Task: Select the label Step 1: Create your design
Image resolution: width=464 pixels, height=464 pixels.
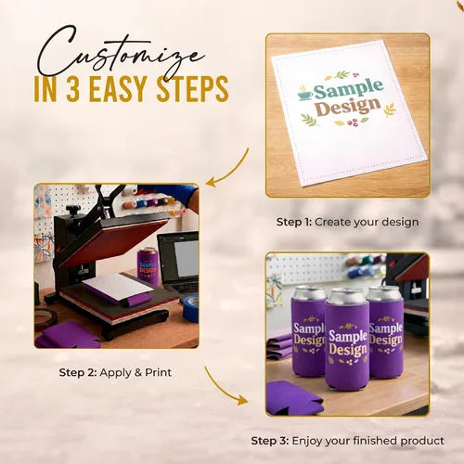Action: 347,222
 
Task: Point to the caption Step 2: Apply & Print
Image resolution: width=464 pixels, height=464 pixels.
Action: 115,372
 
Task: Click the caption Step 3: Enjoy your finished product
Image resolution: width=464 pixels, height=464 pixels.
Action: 347,441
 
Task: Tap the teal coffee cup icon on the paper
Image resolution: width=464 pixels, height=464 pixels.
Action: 305,93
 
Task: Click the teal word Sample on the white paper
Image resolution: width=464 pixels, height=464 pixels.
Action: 348,89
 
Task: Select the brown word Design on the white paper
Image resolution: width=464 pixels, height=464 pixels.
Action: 348,108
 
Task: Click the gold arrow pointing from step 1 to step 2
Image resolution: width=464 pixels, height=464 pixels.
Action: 233,173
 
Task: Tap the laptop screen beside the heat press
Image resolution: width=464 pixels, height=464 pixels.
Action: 187,259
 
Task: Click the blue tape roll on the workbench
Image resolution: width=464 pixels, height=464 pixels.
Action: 190,307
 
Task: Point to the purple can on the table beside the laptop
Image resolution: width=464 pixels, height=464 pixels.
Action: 148,266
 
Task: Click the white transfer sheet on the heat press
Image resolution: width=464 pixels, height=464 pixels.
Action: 118,287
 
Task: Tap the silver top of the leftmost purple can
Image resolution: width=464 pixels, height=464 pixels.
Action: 310,292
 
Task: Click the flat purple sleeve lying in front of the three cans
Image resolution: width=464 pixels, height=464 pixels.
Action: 292,398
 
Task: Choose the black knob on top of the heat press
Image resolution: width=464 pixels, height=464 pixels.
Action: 72,211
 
